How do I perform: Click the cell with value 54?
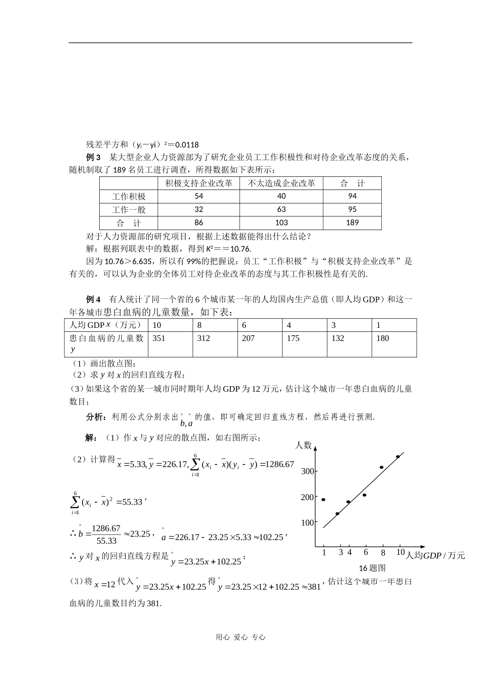point(198,196)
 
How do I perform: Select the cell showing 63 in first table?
point(282,209)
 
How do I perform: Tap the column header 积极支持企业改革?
point(198,183)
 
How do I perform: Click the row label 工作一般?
point(129,209)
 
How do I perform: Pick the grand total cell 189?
point(352,222)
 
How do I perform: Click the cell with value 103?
point(282,222)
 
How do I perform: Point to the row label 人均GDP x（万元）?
point(105,325)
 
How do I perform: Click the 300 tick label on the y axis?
point(308,471)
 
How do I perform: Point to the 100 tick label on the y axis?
point(308,522)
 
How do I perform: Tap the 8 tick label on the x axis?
point(383,553)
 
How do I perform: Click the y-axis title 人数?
point(303,445)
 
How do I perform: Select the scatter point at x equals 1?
point(324,500)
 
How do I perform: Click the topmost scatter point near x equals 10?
point(398,457)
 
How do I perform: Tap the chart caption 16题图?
point(372,567)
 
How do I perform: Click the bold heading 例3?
point(94,157)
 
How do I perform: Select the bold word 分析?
point(95,417)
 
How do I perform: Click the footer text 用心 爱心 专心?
point(240,637)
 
